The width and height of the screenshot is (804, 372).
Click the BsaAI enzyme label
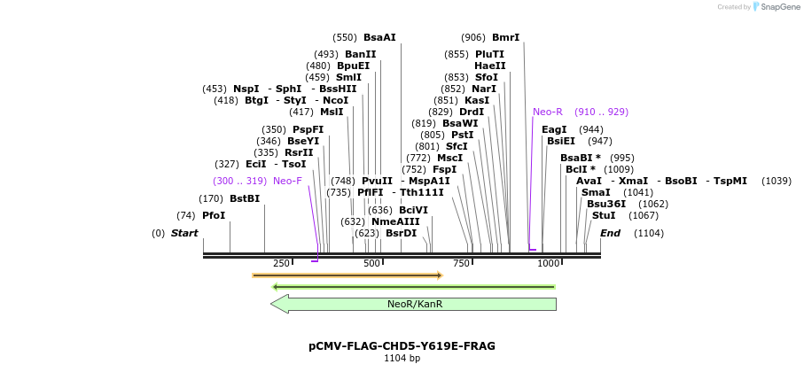(x=379, y=37)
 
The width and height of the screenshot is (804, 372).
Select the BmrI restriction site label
(x=505, y=37)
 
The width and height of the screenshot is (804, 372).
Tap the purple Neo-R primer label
(x=548, y=112)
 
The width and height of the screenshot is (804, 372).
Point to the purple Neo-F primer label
(x=287, y=181)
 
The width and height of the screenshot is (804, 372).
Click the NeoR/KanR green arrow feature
(x=414, y=304)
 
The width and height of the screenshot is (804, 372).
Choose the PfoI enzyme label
(x=214, y=215)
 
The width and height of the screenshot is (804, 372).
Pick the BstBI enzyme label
(x=245, y=198)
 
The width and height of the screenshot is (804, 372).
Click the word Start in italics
(x=184, y=233)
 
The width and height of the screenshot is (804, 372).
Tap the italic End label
(x=610, y=233)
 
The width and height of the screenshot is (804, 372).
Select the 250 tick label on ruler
(x=281, y=263)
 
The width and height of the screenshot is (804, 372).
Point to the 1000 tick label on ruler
(x=548, y=263)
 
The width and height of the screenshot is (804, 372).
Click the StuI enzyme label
(x=604, y=215)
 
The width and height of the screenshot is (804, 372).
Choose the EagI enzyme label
(x=554, y=129)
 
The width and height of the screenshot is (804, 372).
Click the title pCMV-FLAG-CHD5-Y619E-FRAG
(x=402, y=345)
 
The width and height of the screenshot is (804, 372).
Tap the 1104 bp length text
(x=402, y=358)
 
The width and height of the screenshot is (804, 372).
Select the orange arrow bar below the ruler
(x=347, y=275)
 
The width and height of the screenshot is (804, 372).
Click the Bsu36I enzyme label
(x=603, y=204)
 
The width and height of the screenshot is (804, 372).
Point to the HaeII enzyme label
(x=490, y=66)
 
